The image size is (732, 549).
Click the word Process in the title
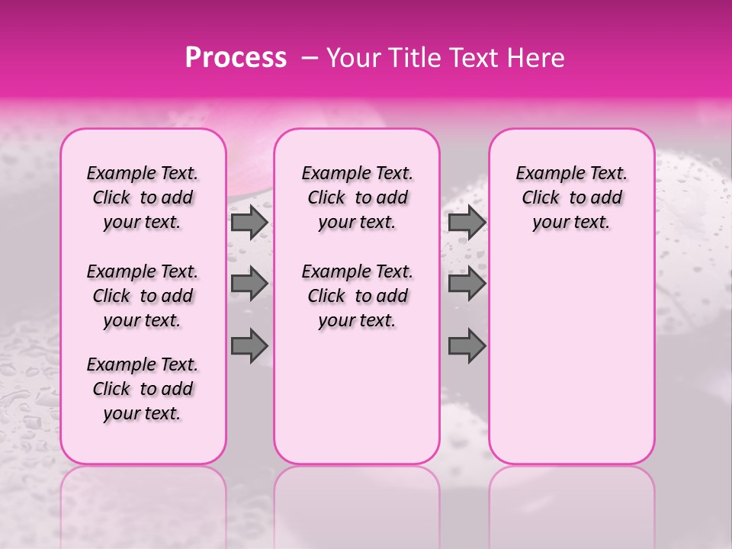[236, 58]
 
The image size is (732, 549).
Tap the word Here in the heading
[535, 58]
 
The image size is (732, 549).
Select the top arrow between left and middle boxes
[249, 222]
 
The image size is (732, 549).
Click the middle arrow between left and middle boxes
[249, 284]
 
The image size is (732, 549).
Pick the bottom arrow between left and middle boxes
[249, 345]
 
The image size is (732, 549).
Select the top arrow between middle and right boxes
[467, 222]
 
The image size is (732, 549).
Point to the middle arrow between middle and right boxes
[467, 284]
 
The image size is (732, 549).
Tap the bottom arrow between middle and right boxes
[467, 345]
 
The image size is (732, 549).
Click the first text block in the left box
[143, 197]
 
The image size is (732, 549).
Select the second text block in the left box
[143, 296]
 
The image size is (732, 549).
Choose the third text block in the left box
[143, 389]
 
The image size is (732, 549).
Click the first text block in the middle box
[357, 197]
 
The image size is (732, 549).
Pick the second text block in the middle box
[357, 296]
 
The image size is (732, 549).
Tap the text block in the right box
[571, 197]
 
